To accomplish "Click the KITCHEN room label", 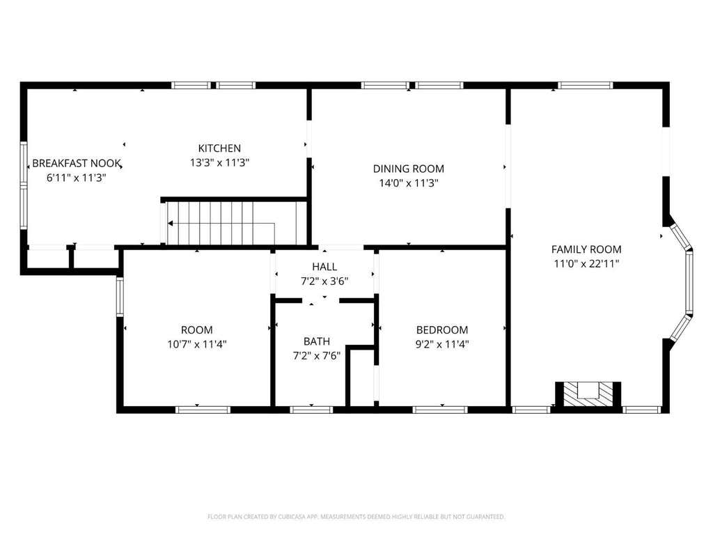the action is coord(219,148).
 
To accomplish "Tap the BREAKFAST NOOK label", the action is coord(77,163).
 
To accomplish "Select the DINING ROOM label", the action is coord(408,169).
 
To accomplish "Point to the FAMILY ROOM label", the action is coord(586,249).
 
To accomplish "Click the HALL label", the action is coord(324,267).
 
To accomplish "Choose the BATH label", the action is coord(317,341).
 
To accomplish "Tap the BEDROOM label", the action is coord(442,329).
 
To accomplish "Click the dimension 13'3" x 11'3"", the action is coord(219,162).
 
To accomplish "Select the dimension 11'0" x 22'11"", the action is coord(586,263).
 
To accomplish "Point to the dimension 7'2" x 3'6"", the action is coord(324,281).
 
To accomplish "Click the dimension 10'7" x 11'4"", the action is coord(197,344).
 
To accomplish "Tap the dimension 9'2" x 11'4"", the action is coord(442,344).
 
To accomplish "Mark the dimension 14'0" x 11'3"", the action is coord(408,183).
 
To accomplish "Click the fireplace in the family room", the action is coord(588,394).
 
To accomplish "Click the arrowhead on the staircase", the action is coord(171,224).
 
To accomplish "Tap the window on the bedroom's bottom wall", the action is coord(440,410).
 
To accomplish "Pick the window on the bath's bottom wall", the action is coord(311,410).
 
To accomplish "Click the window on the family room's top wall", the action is coord(585,85).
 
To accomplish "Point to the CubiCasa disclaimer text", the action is coord(356,517).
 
